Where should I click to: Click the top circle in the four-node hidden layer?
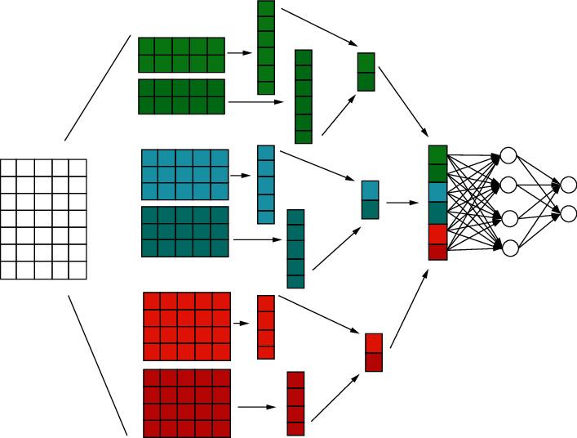(x=508, y=154)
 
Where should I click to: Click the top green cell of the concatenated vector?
(x=437, y=154)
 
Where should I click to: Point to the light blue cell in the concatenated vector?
(x=437, y=192)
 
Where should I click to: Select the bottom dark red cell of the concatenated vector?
(x=437, y=251)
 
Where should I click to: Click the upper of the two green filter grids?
(x=181, y=55)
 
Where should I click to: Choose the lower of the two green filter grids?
(x=181, y=96)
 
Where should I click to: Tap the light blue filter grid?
(x=185, y=174)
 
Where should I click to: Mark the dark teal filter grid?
(x=185, y=231)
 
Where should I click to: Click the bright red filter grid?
(x=187, y=326)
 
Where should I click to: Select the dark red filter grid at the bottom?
(x=187, y=403)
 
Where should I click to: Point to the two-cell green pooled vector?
(x=366, y=72)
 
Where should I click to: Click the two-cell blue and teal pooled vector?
(x=371, y=199)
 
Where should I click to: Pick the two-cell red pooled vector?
(x=374, y=352)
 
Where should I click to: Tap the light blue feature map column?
(x=266, y=185)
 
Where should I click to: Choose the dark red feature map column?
(x=295, y=403)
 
